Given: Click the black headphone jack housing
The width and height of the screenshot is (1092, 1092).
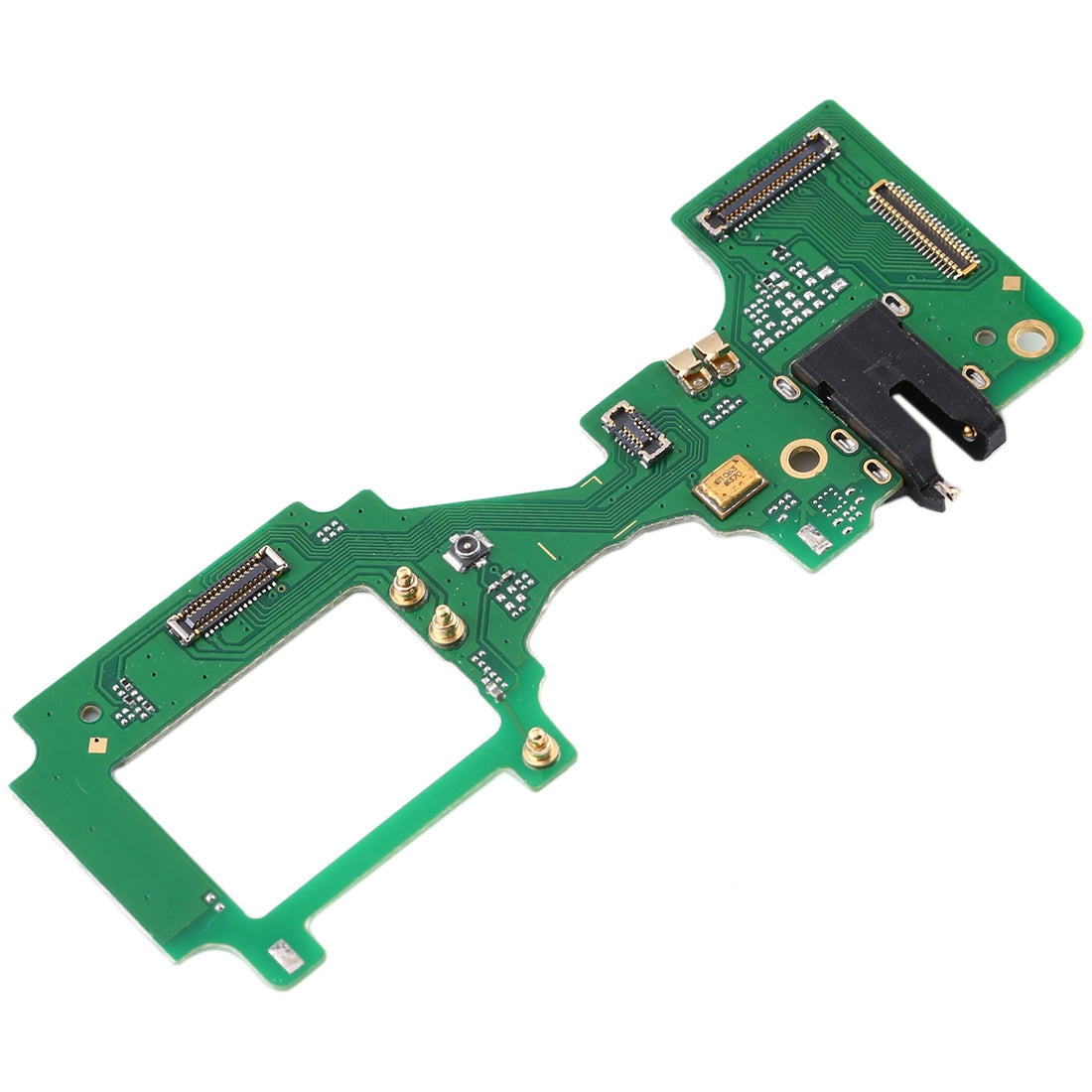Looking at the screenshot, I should point(893,377).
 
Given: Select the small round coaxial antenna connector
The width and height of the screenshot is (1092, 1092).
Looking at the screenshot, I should point(465,548).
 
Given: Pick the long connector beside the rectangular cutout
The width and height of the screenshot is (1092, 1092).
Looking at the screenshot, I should point(228,593).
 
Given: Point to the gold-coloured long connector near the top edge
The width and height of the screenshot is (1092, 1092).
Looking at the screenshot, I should point(923,228).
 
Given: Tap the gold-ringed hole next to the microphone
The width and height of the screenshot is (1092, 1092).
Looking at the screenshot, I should point(801,458).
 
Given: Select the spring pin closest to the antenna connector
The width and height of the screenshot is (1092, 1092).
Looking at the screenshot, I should point(404,590).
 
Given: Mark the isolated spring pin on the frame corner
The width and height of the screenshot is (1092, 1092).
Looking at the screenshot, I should point(538,747).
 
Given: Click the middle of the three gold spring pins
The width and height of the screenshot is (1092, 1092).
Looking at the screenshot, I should point(441,626).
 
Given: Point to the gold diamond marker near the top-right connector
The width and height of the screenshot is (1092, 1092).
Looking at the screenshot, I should point(1012,283).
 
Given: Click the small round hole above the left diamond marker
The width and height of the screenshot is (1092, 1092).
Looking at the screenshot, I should point(89,712).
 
